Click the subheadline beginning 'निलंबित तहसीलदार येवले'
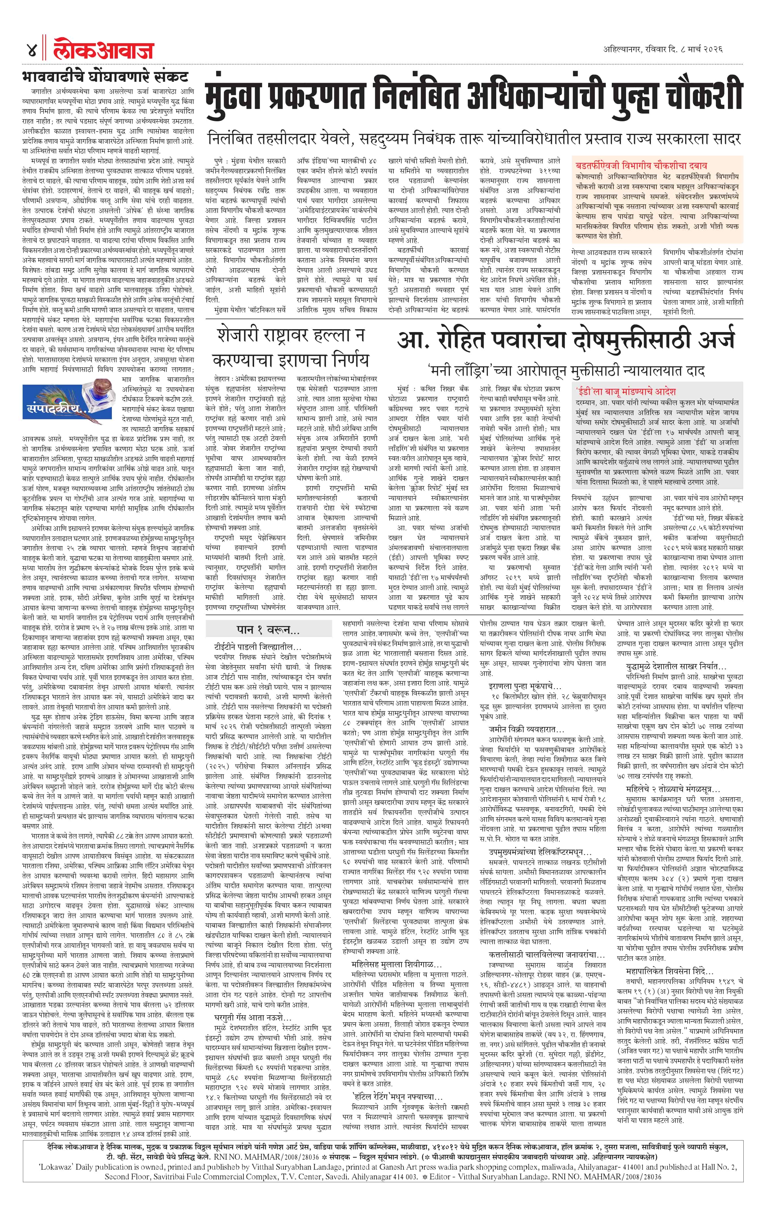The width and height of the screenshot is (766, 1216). (474, 138)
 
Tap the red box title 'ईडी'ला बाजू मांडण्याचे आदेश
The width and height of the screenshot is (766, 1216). (625, 391)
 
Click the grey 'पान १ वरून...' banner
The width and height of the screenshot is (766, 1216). (268, 629)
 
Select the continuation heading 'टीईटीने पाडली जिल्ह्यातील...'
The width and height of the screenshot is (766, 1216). (258, 647)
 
